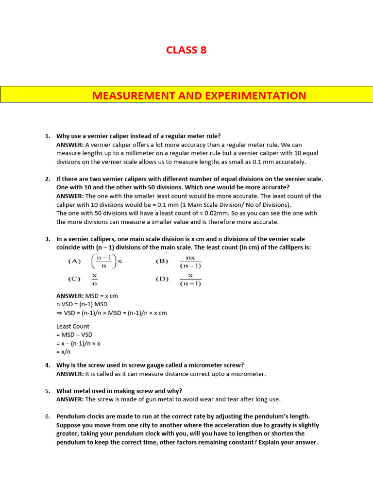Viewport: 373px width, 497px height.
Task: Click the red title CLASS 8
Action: pos(186,50)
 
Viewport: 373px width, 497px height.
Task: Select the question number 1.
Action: pos(48,136)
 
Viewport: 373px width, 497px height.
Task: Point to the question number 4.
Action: pos(48,365)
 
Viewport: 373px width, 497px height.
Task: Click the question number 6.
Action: pos(48,416)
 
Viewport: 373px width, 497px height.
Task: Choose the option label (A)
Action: pos(74,261)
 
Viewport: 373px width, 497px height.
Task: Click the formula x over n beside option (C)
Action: pos(95,279)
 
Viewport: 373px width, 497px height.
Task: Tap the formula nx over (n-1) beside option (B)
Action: pos(190,262)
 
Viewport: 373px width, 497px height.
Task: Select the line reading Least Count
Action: pos(73,326)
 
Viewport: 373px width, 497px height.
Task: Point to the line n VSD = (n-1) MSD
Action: pos(82,304)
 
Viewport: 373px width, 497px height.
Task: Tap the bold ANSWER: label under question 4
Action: pos(70,374)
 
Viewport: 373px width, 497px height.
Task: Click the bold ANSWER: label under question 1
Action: pos(70,145)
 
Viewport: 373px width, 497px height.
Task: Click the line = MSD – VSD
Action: pos(74,335)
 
